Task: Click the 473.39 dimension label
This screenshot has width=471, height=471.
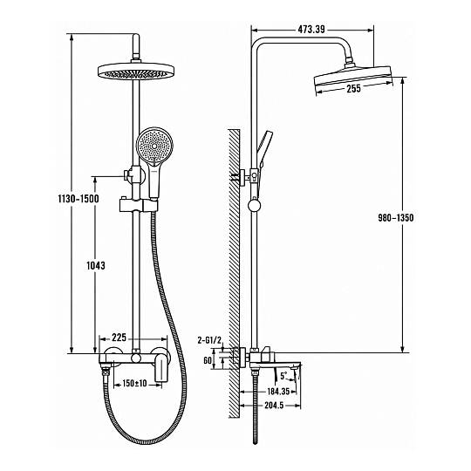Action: [x=311, y=30]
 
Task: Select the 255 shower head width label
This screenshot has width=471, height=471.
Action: [x=353, y=89]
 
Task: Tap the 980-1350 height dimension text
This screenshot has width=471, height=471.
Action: [x=396, y=218]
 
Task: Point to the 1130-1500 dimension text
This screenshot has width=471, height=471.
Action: [x=78, y=199]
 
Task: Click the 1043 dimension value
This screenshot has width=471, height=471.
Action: [x=96, y=265]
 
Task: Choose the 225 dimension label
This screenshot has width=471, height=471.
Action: [x=119, y=338]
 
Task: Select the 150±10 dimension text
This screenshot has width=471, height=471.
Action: [x=134, y=383]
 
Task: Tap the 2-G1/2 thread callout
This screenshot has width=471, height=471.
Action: [x=209, y=340]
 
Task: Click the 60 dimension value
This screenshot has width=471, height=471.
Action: [x=208, y=360]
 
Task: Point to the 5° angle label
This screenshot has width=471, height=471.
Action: [x=283, y=375]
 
